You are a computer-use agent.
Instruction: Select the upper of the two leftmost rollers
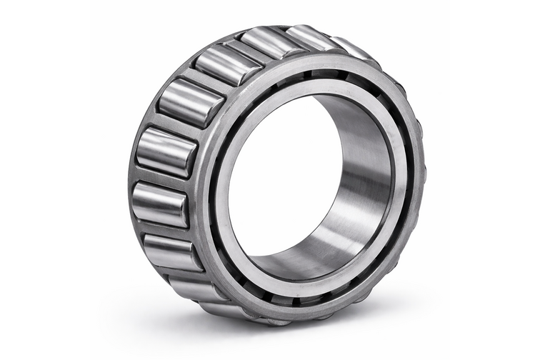[x=166, y=152]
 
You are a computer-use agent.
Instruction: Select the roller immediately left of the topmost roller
[x=219, y=64]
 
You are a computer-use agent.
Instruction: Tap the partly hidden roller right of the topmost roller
[x=311, y=37]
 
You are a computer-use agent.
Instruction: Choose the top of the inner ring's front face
[x=314, y=83]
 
